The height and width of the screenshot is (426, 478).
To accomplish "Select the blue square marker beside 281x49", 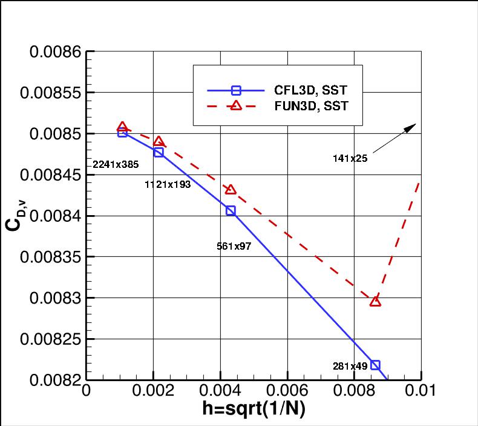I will (375, 365).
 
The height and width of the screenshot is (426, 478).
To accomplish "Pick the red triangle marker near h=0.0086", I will (375, 301).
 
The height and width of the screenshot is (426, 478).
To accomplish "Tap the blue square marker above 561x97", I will (231, 211).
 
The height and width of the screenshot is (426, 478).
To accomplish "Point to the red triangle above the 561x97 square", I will (231, 190).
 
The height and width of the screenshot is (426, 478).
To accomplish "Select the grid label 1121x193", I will (168, 184).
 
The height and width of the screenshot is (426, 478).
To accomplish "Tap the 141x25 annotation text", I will (350, 158).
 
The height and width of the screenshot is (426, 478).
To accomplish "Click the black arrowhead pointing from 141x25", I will (413, 126).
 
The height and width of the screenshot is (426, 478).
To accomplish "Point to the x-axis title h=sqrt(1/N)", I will (254, 410).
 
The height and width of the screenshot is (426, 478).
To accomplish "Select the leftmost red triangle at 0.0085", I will (123, 127).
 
